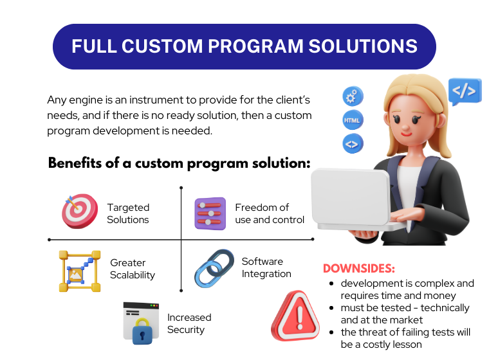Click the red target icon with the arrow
point(80,211)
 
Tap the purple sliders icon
point(210,213)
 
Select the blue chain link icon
point(214,268)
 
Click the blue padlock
point(142,331)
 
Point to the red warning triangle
point(295,316)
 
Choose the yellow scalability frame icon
point(80,271)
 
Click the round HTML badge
point(353,120)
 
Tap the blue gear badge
point(353,96)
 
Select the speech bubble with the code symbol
point(465,91)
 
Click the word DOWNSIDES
point(358,268)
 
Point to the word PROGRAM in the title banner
point(255,46)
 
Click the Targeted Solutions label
point(128,213)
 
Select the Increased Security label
point(189,323)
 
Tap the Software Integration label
point(266,267)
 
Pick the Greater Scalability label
point(133,269)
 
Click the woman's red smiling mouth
point(407,134)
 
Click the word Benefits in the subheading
point(75,163)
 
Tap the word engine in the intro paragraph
point(86,100)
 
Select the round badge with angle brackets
point(353,144)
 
